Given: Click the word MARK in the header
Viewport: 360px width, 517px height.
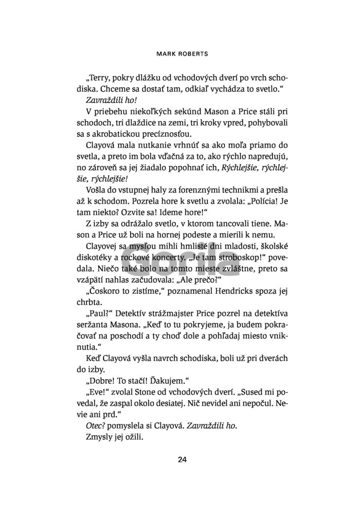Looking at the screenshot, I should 168,52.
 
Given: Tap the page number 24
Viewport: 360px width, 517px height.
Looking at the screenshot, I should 181,460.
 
